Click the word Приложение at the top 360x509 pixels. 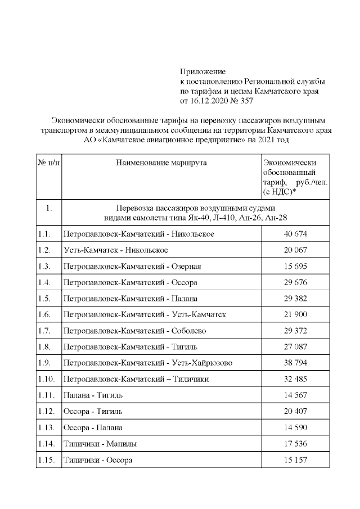(x=202, y=72)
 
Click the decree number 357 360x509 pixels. (x=246, y=101)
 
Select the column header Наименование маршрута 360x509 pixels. (x=161, y=163)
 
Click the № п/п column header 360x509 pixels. (x=49, y=163)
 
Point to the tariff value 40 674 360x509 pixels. (x=295, y=233)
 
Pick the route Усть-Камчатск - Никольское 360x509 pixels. (x=116, y=250)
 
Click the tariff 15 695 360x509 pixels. (x=295, y=266)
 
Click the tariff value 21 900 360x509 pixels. (x=295, y=314)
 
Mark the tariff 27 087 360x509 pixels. (x=295, y=347)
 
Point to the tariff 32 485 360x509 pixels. (x=295, y=379)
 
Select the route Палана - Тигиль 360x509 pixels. (x=92, y=395)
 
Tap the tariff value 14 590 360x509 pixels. (x=295, y=428)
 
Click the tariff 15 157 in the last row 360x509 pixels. (x=295, y=460)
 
